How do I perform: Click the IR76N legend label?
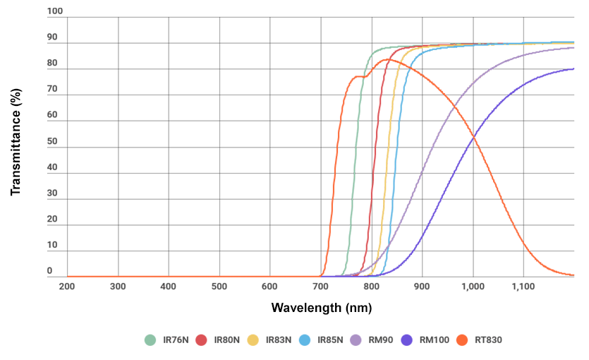click(x=175, y=340)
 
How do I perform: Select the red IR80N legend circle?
click(x=201, y=340)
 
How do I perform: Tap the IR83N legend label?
click(x=278, y=340)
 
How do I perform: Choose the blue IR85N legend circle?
click(x=304, y=340)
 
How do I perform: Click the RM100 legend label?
click(x=434, y=340)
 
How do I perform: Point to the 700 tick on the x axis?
click(x=320, y=287)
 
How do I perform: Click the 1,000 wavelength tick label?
click(x=472, y=287)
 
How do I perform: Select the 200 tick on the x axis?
click(x=67, y=287)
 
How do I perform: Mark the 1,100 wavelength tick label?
click(x=523, y=287)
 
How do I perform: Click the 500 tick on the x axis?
click(x=219, y=287)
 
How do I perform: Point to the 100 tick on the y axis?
click(x=54, y=11)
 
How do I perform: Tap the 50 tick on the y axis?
click(x=51, y=141)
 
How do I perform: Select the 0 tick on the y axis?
click(x=49, y=271)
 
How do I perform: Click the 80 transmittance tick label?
click(x=51, y=64)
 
